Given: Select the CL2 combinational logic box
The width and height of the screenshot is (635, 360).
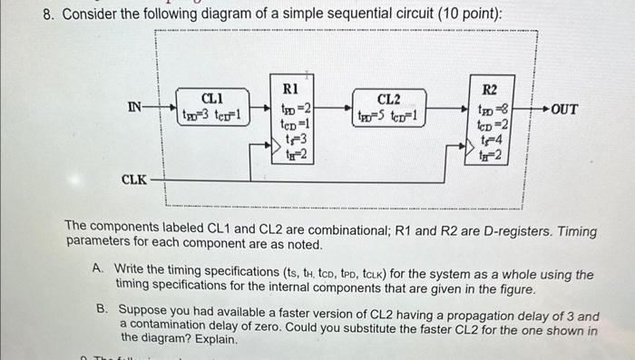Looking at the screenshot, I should pyautogui.click(x=388, y=107).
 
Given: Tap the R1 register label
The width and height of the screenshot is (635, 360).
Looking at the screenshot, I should pyautogui.click(x=291, y=89).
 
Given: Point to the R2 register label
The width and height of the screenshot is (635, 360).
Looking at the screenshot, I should pyautogui.click(x=489, y=89).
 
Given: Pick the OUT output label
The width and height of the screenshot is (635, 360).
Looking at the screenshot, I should pyautogui.click(x=563, y=109).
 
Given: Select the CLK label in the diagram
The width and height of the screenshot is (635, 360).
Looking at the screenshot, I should pyautogui.click(x=134, y=180).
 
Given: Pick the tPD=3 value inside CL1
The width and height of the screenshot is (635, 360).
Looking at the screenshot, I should pyautogui.click(x=196, y=115).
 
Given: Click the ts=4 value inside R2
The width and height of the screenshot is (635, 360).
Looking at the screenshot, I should pyautogui.click(x=491, y=140).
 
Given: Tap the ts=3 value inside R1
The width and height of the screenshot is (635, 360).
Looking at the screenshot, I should pyautogui.click(x=292, y=140).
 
